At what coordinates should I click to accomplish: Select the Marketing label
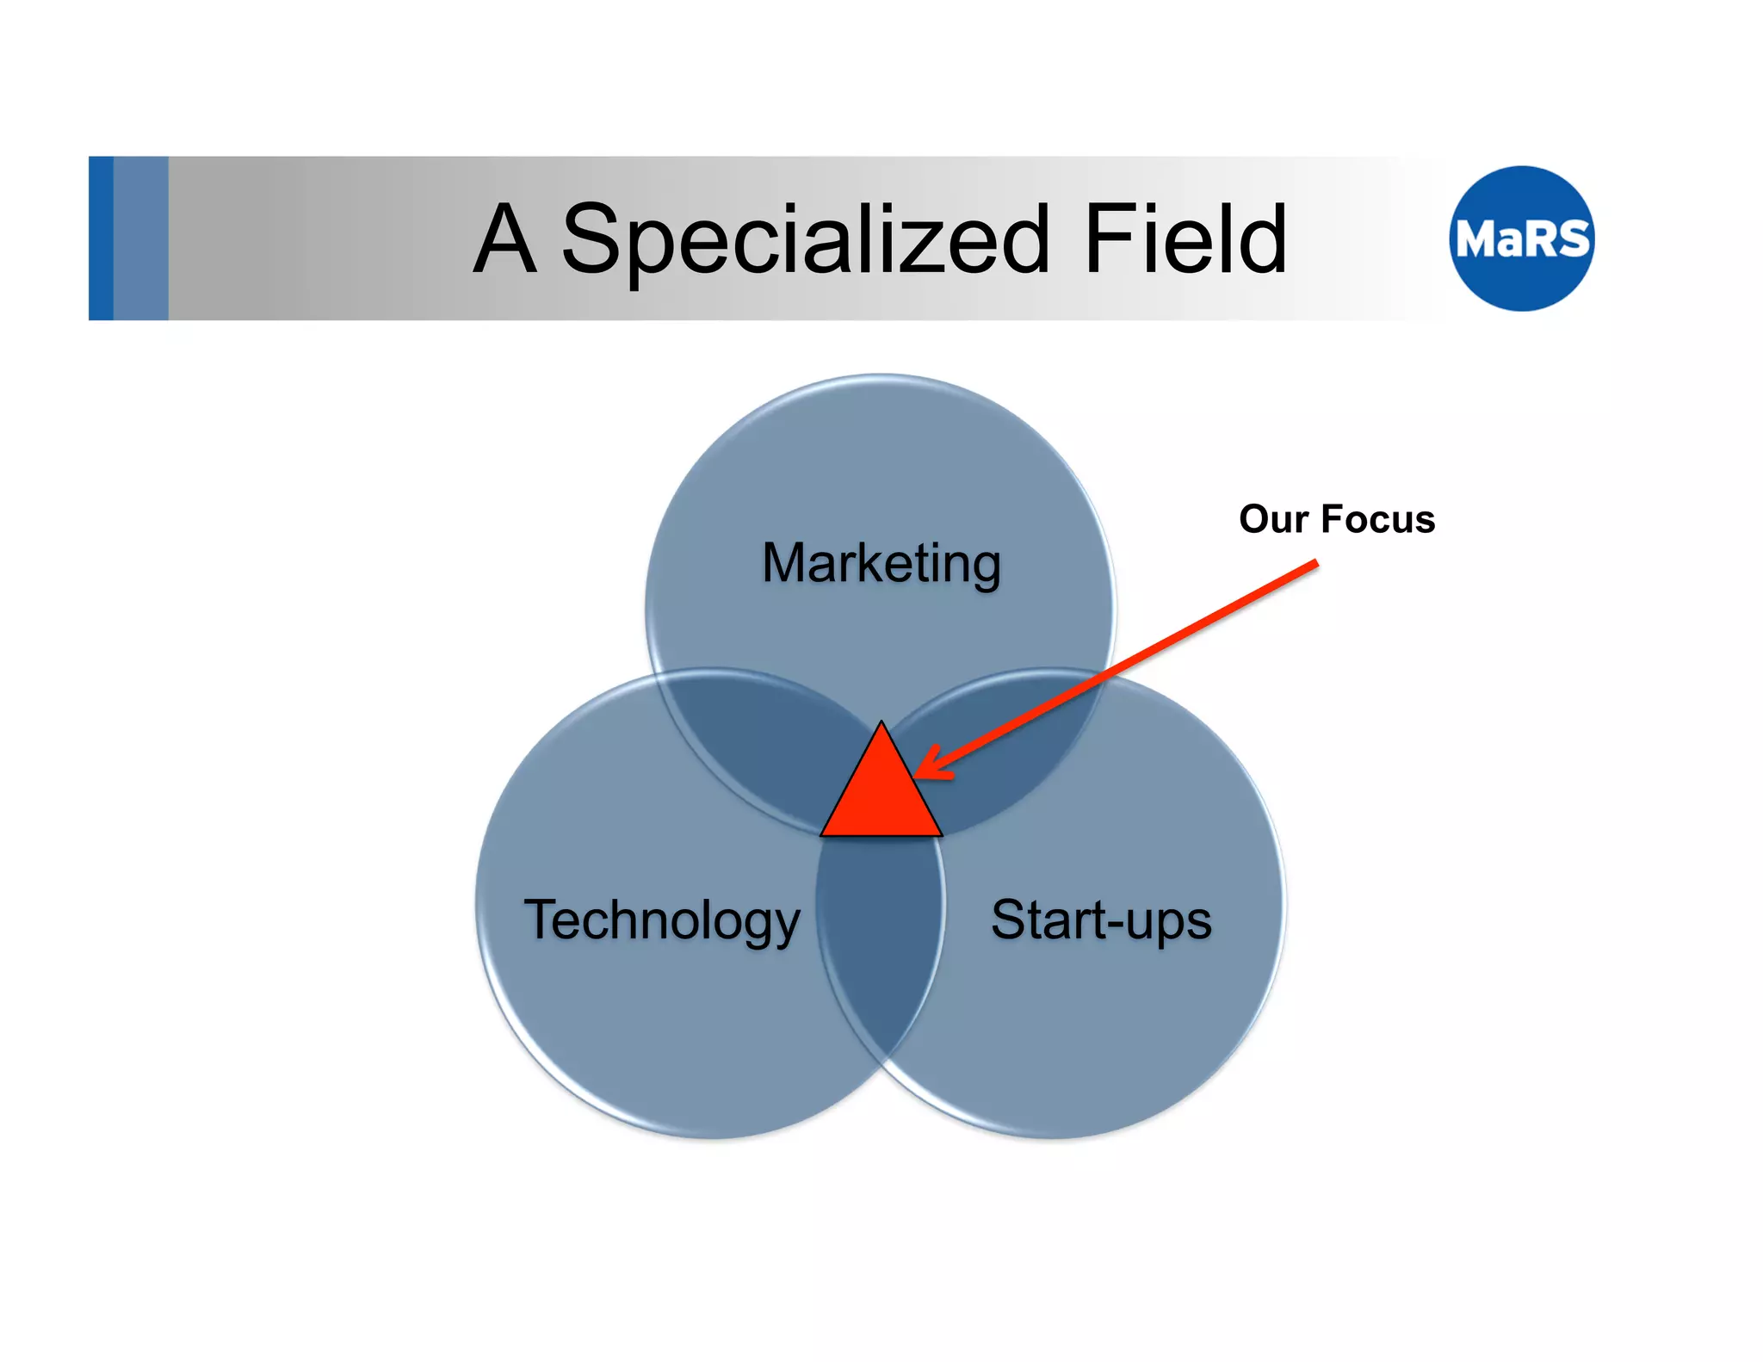point(881,564)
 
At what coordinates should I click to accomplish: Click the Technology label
point(662,920)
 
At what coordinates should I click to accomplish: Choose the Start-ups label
point(1101,920)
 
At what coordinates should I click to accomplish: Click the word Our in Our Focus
point(1274,519)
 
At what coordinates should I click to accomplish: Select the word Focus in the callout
point(1378,519)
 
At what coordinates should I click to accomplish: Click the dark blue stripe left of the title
point(101,238)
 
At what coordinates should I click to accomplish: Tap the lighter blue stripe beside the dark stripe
point(140,238)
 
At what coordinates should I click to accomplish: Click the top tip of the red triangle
point(881,726)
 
